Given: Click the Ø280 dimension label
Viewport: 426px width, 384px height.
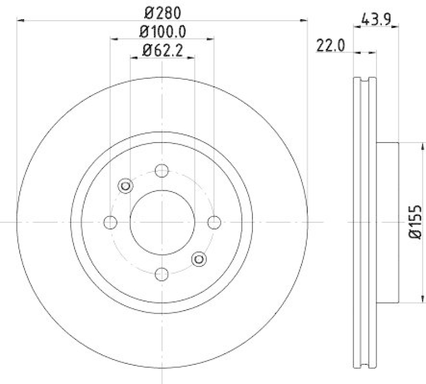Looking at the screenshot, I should (162, 11).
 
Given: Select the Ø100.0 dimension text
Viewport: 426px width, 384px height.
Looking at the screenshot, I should (162, 31).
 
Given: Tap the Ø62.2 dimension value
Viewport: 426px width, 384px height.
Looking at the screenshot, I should (162, 51).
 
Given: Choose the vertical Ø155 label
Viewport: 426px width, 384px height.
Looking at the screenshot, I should (415, 221).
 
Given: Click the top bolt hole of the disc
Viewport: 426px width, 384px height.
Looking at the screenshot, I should (162, 171).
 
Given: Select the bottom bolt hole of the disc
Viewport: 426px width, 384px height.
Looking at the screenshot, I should (162, 274).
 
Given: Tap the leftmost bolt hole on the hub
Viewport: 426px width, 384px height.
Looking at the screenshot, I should (111, 222).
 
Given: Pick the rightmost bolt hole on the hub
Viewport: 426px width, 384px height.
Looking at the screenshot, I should (214, 222).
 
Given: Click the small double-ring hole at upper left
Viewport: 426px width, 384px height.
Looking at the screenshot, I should (126, 186).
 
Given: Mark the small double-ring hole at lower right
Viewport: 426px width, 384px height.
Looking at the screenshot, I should (199, 259).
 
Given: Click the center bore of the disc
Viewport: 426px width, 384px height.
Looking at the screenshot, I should (162, 222).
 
